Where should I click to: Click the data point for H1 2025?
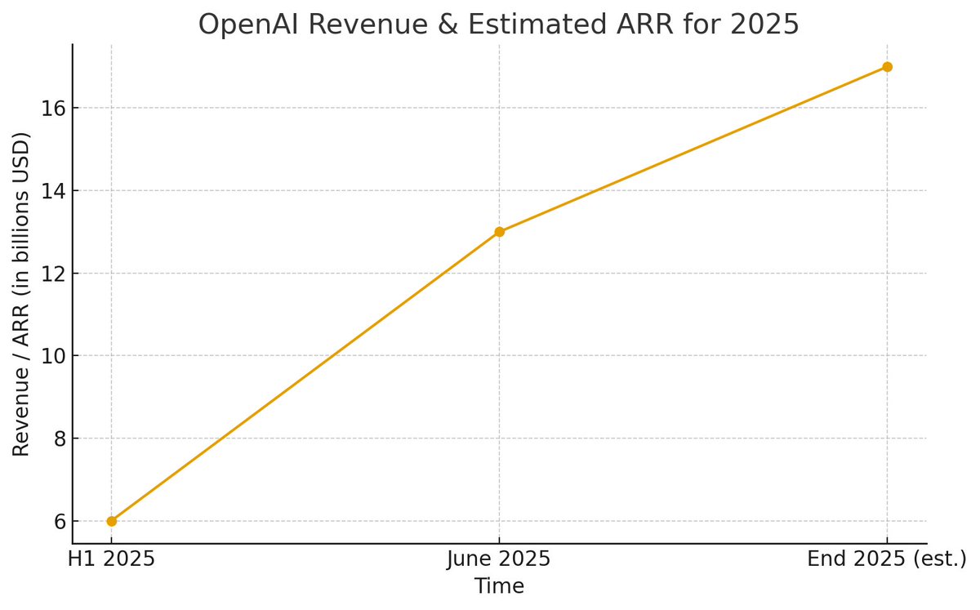click(111, 521)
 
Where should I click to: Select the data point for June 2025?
click(499, 231)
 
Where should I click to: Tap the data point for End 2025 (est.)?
click(887, 66)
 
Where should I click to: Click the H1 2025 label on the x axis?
click(111, 560)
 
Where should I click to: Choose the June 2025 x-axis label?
click(499, 560)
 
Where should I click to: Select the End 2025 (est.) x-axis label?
click(887, 560)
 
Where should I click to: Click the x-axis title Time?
click(499, 586)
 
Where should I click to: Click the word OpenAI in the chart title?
click(248, 24)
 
